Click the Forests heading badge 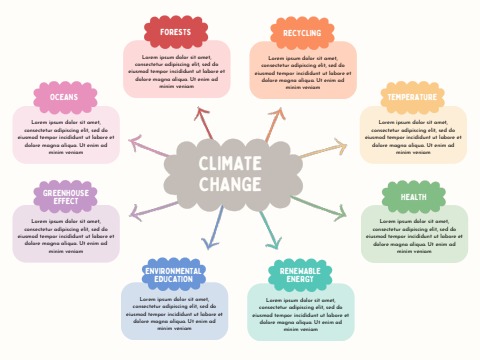click(176, 32)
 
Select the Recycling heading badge click(302, 33)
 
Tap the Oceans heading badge click(65, 97)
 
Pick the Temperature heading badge click(412, 97)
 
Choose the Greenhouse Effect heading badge click(65, 196)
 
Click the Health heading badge click(412, 197)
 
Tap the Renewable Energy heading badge click(301, 275)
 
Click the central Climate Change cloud click(230, 174)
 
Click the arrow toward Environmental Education click(214, 230)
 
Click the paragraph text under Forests click(176, 72)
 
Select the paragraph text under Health click(413, 236)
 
